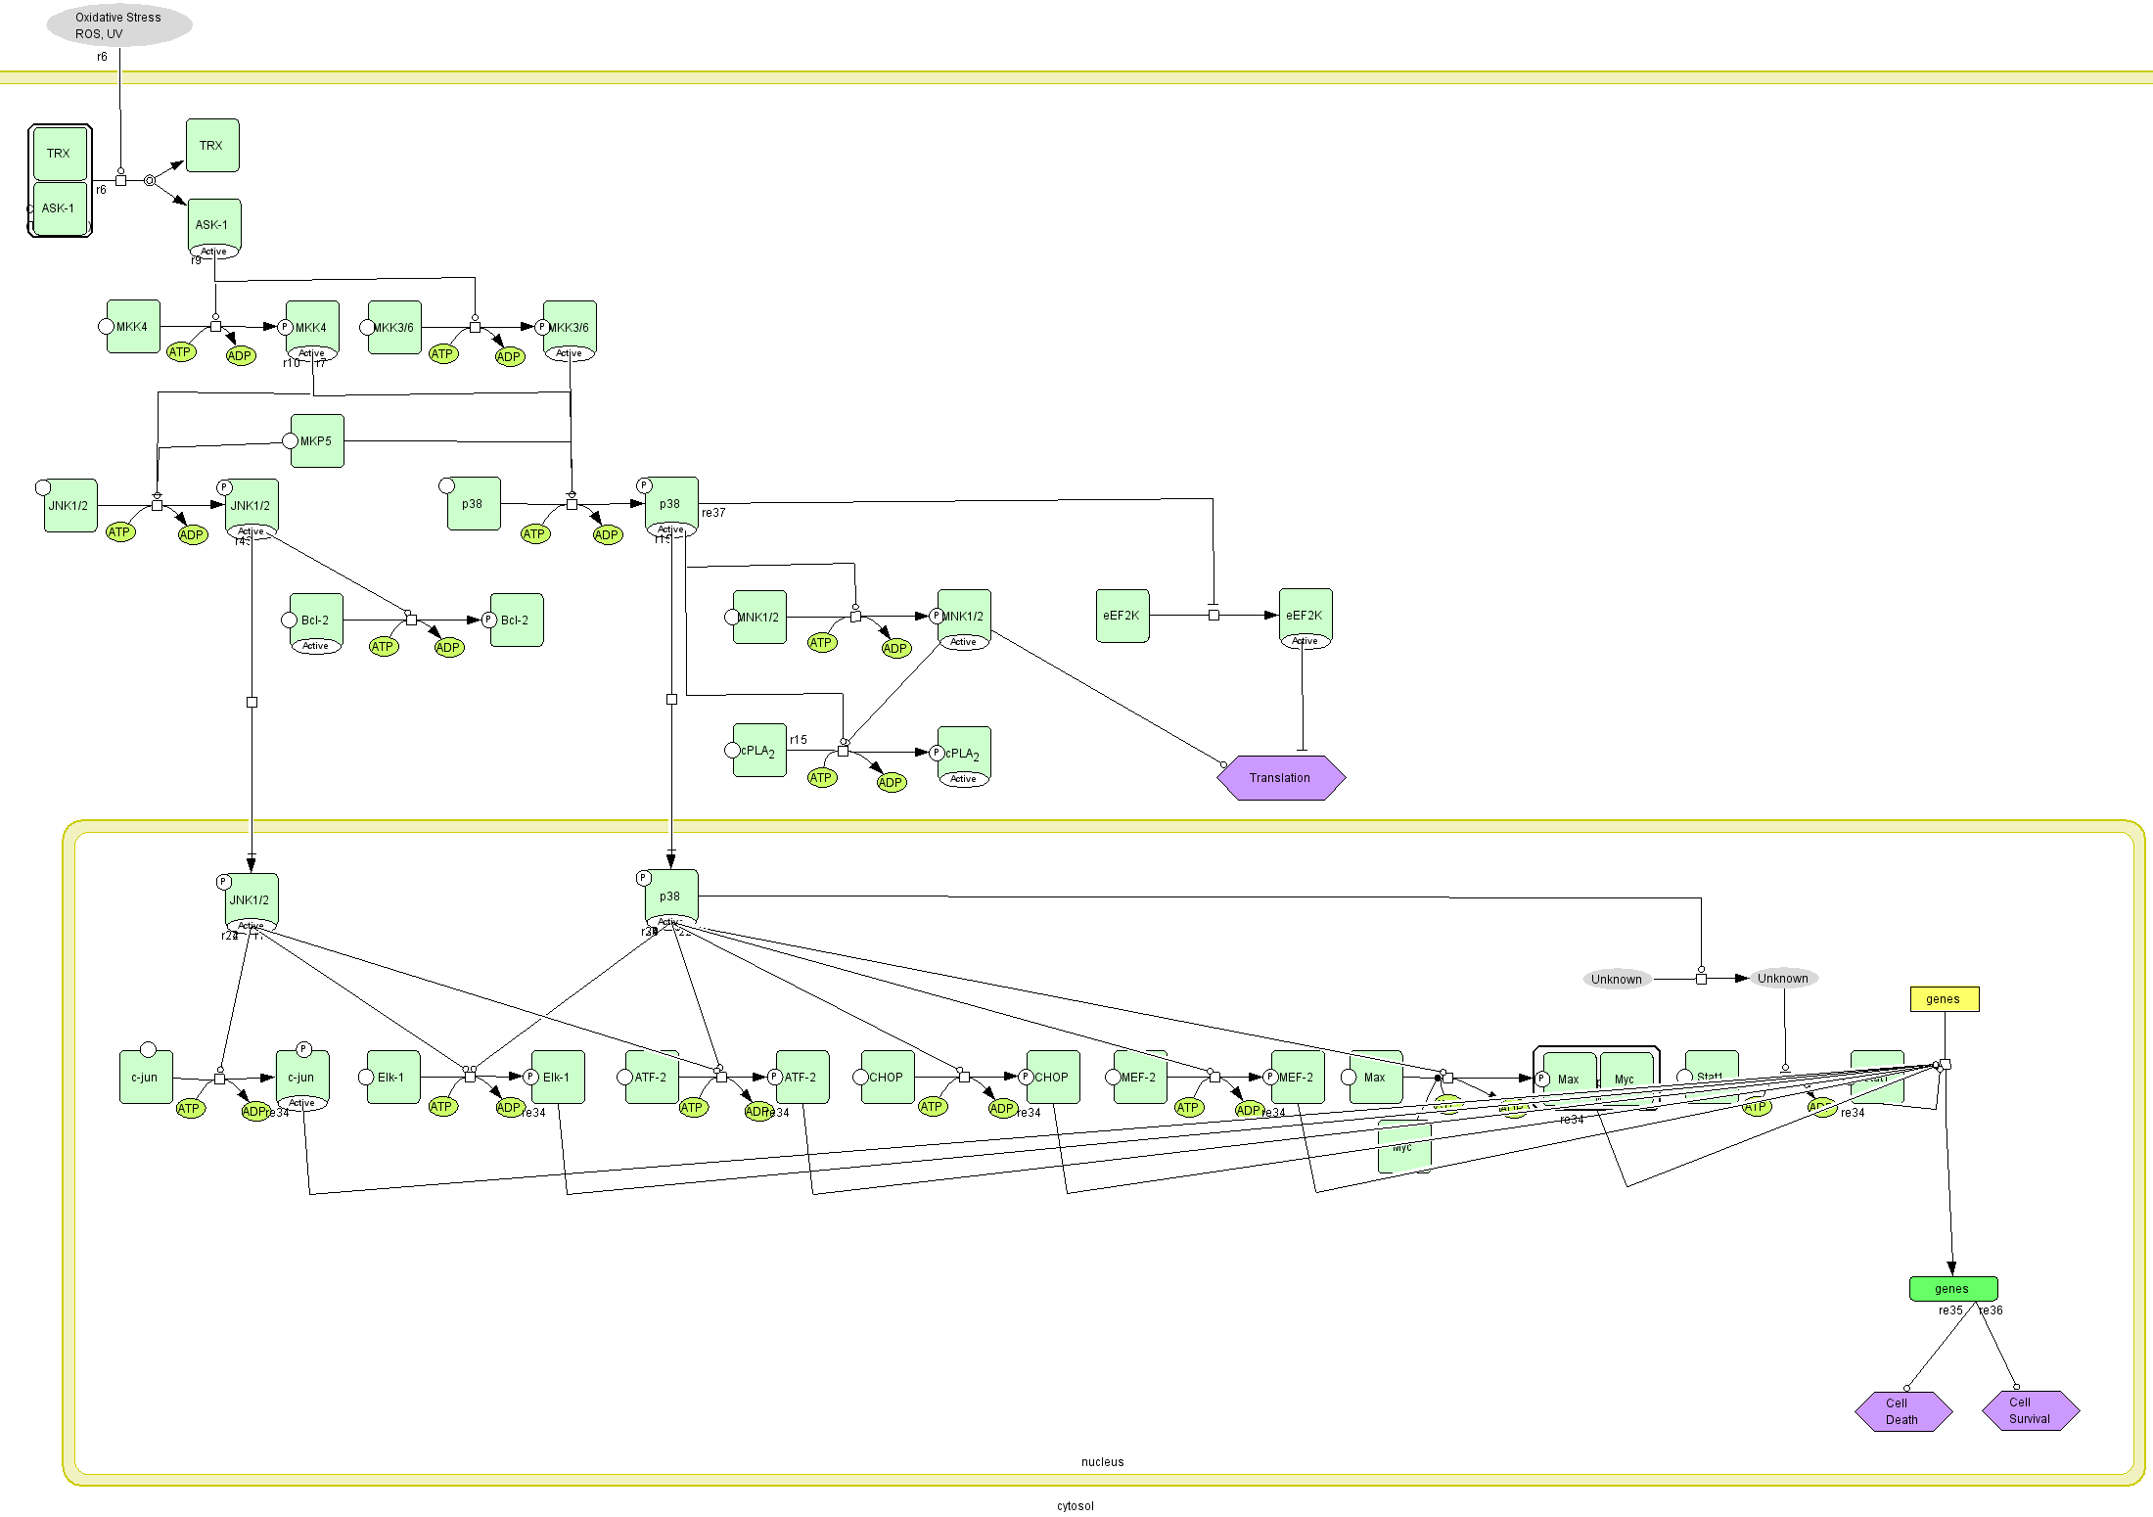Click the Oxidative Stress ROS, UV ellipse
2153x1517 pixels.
118,25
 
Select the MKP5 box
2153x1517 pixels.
317,441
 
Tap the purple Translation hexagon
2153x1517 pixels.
1280,778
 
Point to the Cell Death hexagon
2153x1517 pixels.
1902,1411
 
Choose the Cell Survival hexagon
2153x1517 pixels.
2030,1410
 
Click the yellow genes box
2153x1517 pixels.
1944,999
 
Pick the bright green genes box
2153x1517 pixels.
1952,1289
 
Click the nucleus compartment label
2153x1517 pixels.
1102,1462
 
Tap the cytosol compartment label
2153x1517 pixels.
1075,1506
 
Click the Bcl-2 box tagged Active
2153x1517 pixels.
316,621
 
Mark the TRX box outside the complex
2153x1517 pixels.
212,146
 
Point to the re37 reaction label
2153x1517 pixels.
713,513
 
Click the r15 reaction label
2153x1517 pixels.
799,740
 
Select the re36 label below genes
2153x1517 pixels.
1992,1310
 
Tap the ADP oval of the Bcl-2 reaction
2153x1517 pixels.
448,648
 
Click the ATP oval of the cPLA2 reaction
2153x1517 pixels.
821,778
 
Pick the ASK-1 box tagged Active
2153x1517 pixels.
213,226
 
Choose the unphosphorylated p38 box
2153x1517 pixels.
474,504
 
